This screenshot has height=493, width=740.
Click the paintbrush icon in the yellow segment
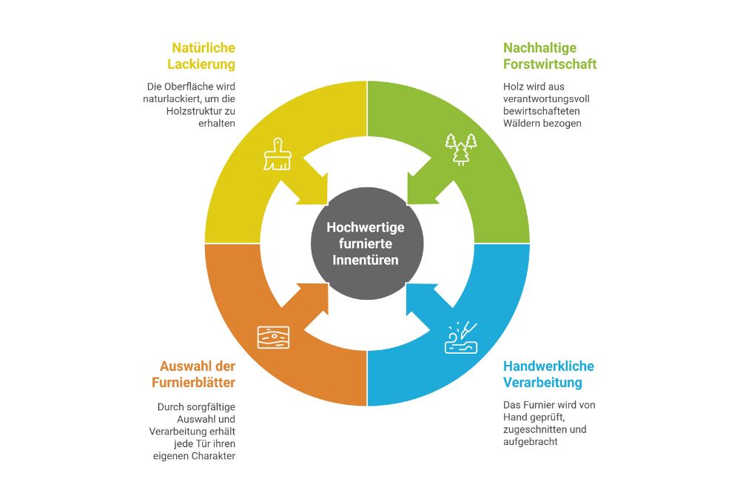click(x=277, y=154)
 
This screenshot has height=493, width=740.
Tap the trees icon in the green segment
click(x=460, y=149)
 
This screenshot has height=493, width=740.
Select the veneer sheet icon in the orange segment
click(x=274, y=337)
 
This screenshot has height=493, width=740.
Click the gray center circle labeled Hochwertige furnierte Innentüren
click(x=366, y=244)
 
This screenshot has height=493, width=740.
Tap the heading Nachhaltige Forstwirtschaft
click(x=550, y=56)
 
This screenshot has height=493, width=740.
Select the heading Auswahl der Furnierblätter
click(x=198, y=374)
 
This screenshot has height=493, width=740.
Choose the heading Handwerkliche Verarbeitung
click(x=548, y=374)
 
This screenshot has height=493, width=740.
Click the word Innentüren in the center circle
click(x=366, y=260)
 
